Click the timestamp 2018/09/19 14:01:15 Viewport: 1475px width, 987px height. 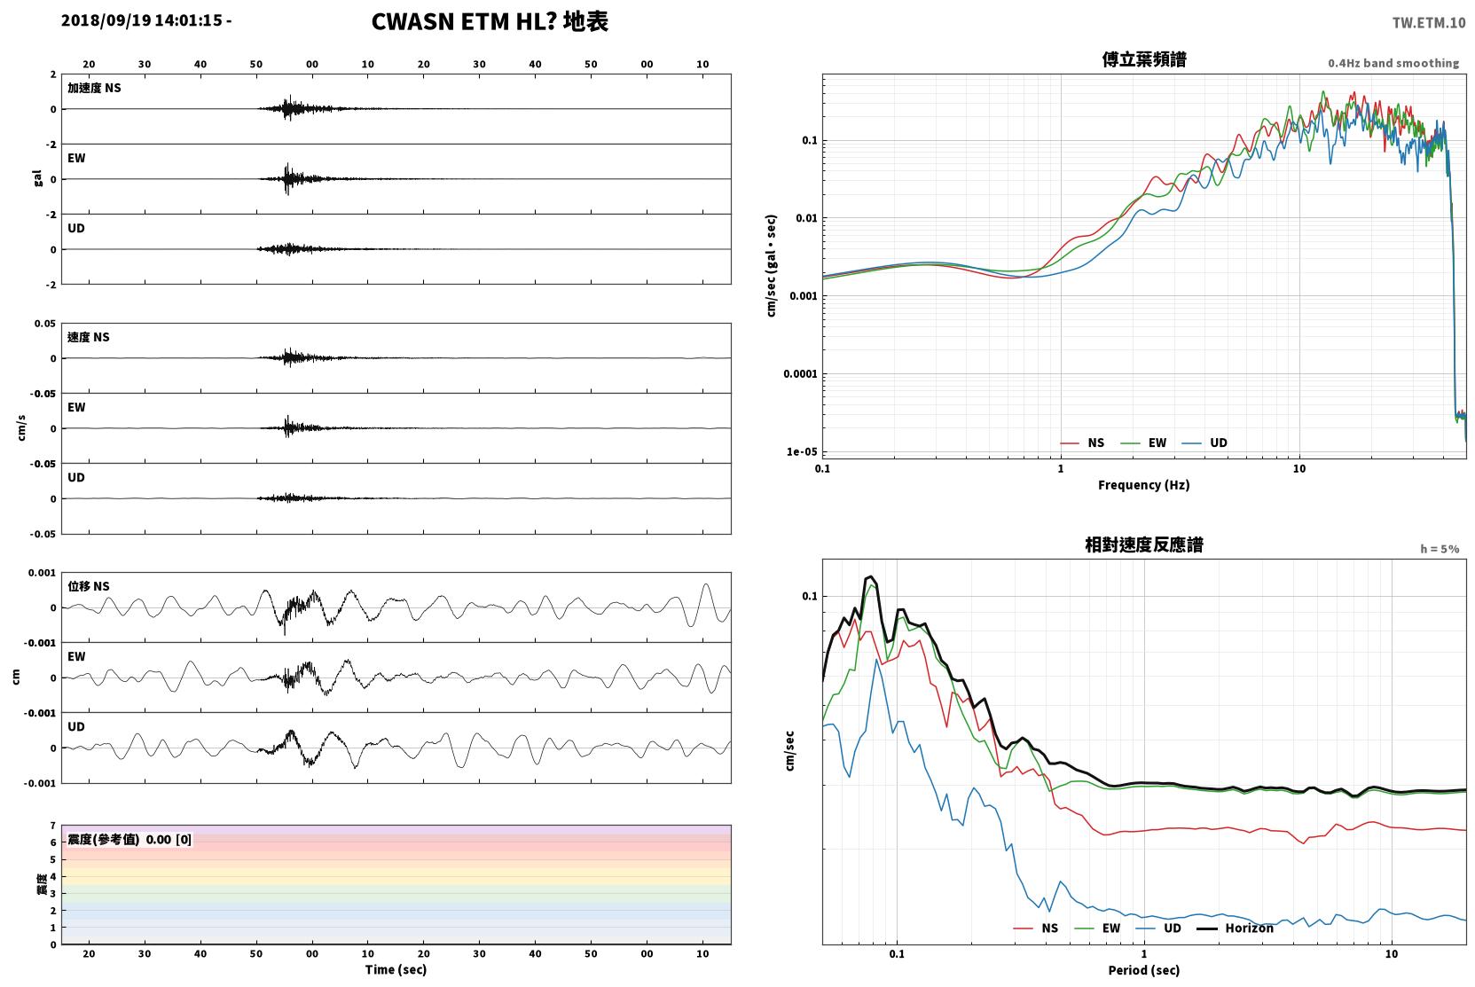point(142,20)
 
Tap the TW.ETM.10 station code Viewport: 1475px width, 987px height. point(1428,22)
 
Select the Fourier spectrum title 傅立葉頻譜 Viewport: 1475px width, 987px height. point(1144,59)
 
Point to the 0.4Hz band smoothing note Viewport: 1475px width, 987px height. point(1393,63)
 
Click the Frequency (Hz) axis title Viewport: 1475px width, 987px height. point(1144,485)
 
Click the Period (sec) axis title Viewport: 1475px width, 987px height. point(1144,970)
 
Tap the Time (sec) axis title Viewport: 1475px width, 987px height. point(396,969)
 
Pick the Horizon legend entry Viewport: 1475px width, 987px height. point(1235,928)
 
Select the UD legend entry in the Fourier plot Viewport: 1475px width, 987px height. point(1204,443)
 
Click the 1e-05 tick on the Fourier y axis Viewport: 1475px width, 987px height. point(802,451)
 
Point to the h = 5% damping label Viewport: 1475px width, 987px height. point(1440,549)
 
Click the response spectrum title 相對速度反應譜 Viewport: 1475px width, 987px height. point(1144,544)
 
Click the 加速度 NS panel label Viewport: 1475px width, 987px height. point(94,88)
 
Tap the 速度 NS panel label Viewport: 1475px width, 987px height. point(88,337)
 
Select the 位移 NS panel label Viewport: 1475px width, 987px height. point(88,586)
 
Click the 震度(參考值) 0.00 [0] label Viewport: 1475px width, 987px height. point(129,840)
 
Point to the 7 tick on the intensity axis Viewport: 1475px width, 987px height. point(53,826)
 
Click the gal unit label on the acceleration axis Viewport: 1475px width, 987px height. point(37,178)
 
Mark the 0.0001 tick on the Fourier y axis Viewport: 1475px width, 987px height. point(800,374)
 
